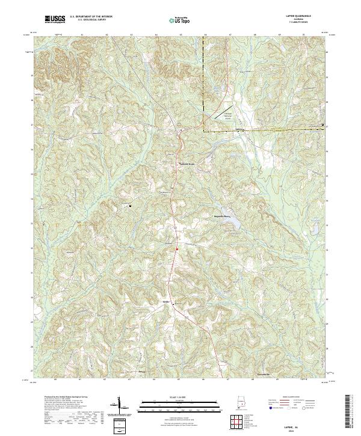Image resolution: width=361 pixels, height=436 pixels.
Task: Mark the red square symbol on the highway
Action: click(x=177, y=249)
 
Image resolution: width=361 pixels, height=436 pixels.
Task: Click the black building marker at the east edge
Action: click(x=322, y=125)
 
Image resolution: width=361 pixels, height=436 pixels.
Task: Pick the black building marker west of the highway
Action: click(x=131, y=206)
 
